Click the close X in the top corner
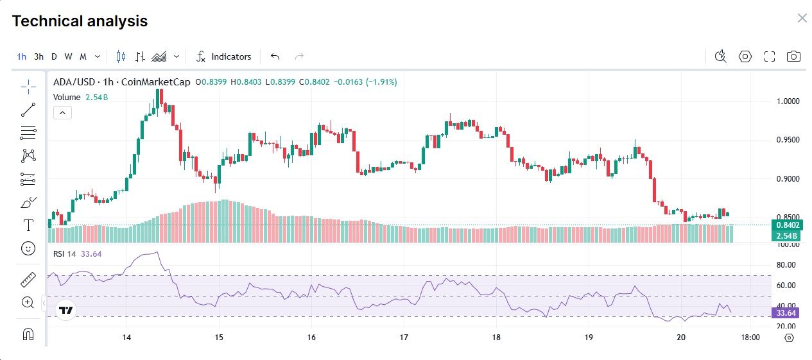coord(802,18)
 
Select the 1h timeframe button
coord(22,56)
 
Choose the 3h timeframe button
coord(39,56)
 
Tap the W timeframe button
coord(69,56)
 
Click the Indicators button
coord(224,56)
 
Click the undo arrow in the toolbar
coord(275,56)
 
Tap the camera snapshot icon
coord(794,56)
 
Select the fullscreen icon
coord(770,56)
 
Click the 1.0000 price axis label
coord(787,101)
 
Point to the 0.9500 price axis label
coord(787,140)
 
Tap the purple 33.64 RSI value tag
coord(786,313)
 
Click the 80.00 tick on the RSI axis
coord(786,264)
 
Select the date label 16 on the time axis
coord(311,337)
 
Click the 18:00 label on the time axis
coord(750,337)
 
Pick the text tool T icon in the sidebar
coord(28,225)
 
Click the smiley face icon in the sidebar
coord(28,248)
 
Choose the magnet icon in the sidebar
coord(28,334)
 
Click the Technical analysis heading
coord(80,21)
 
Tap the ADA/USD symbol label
coord(73,82)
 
